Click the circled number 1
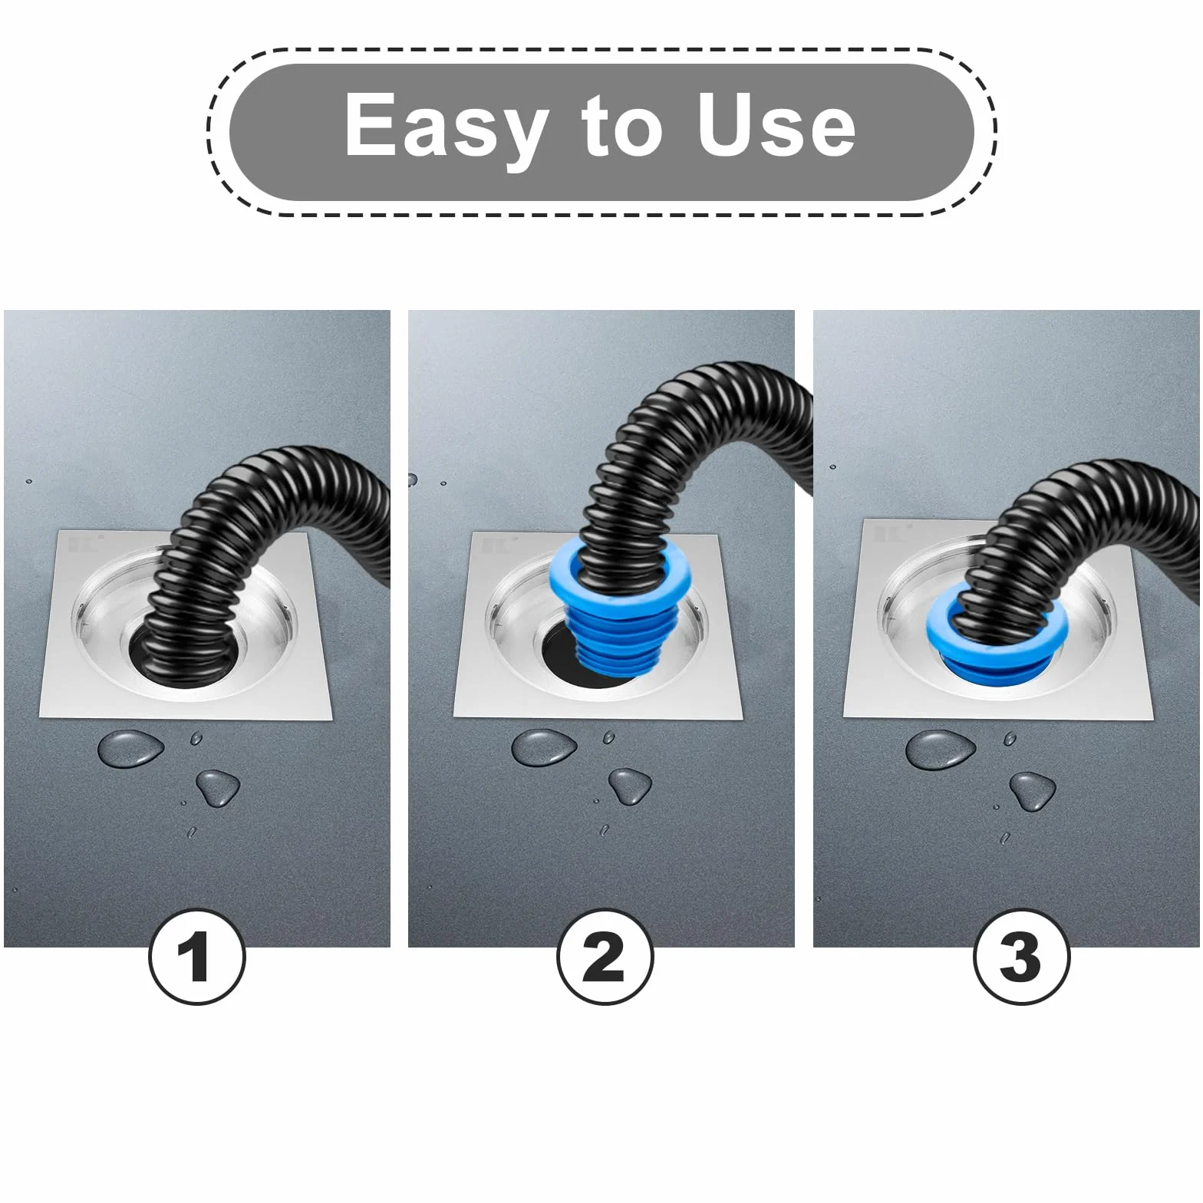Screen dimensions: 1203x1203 coord(197,958)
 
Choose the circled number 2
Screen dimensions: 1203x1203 coord(605,958)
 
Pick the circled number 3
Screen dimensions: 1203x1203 coord(1021,958)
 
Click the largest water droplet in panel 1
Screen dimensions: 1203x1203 coord(130,748)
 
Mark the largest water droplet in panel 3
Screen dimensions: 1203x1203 coord(941,750)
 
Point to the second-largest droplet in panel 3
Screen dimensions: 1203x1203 coord(1033,791)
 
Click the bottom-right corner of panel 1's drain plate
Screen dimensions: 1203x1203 coord(333,720)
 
